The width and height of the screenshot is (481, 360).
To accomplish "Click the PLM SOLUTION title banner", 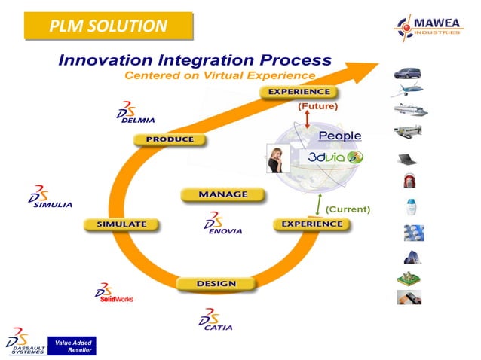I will pos(109,27).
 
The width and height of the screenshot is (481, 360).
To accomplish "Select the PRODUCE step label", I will pos(169,139).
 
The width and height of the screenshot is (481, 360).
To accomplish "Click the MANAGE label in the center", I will pos(222,194).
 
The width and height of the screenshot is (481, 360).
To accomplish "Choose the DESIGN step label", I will pos(216,284).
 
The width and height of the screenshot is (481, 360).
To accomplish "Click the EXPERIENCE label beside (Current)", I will pos(311,224).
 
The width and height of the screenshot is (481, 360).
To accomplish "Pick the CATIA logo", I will pos(215,319).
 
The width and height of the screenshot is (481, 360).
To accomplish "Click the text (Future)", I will pos(317,107).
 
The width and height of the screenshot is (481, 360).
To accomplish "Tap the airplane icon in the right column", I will pos(408,90).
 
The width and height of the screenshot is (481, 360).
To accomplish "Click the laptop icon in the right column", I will pos(408,159).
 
